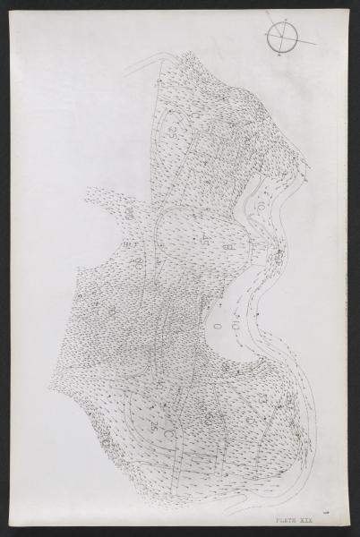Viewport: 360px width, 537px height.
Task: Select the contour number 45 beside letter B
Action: [x=208, y=238]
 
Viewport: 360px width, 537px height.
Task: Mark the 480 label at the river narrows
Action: [x=279, y=260]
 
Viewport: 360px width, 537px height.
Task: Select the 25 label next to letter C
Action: [x=157, y=420]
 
